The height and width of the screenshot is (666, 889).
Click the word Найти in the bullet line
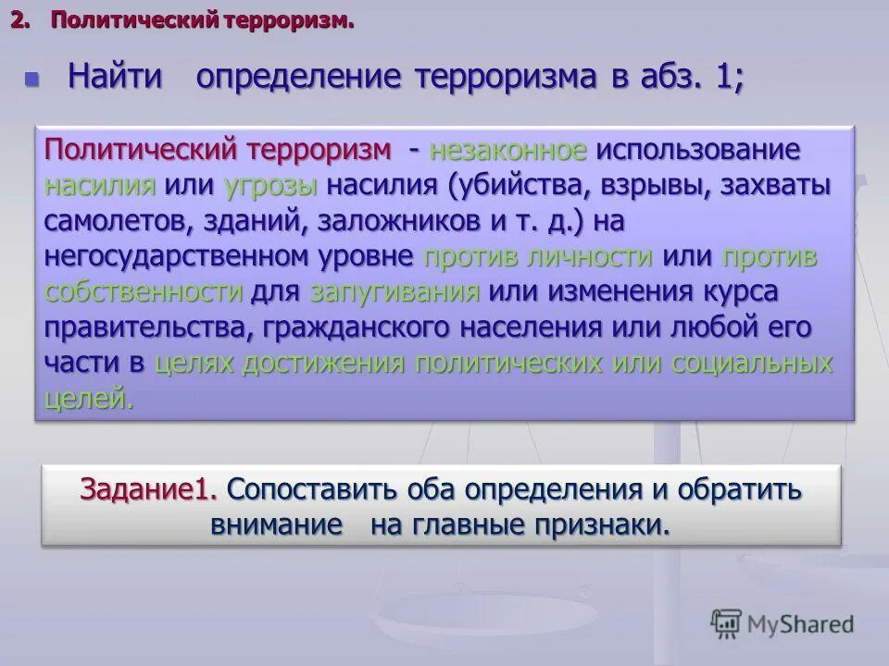(117, 77)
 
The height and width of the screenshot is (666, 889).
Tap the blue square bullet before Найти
(33, 79)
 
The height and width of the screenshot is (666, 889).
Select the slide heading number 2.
(19, 19)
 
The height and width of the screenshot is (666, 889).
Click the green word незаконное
(507, 150)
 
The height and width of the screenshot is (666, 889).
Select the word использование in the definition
(697, 150)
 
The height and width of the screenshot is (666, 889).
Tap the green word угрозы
(271, 185)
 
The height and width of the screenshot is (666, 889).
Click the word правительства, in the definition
(149, 328)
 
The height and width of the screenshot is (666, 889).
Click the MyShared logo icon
(727, 623)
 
